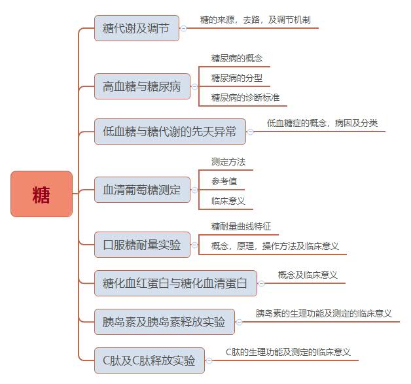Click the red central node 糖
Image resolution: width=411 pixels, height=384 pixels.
[41, 194]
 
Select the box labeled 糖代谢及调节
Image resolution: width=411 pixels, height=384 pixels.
[136, 28]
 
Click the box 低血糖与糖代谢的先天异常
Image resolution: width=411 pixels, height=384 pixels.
[170, 131]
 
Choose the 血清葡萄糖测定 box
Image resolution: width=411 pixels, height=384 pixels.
[142, 190]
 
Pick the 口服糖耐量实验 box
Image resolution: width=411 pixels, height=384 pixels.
[142, 244]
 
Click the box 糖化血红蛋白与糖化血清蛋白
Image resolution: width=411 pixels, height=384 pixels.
[175, 283]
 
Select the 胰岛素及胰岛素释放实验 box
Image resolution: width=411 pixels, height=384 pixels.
[164, 321]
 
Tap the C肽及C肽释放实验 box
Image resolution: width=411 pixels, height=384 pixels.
[149, 360]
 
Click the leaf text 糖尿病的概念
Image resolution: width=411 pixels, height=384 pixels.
[237, 58]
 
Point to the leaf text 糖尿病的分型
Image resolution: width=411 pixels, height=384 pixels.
[237, 78]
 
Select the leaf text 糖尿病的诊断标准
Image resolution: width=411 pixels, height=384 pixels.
[245, 97]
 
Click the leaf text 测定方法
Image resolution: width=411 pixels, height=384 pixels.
[228, 162]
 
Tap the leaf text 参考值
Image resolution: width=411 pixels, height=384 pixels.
[224, 181]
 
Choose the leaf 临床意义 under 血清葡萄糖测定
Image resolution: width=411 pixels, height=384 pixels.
[228, 201]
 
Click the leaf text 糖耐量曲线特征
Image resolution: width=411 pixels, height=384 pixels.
[241, 226]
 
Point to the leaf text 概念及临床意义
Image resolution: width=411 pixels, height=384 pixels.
[308, 275]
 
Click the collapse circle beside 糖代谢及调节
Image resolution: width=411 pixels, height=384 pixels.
[183, 28]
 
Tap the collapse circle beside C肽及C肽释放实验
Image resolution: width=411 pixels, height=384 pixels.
[210, 360]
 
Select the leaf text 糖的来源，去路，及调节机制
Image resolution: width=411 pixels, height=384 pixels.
[255, 20]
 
